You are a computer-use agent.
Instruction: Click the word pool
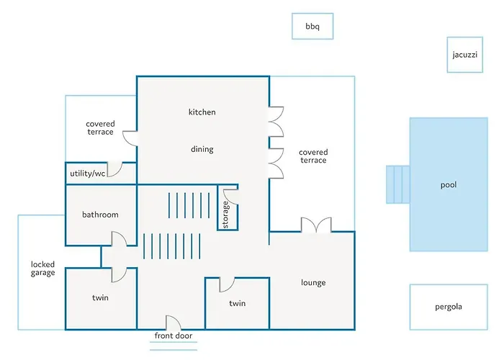pyautogui.click(x=449, y=185)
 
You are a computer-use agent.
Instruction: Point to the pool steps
pyautogui.click(x=398, y=184)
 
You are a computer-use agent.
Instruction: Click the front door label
pyautogui.click(x=174, y=336)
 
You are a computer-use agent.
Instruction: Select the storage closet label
pyautogui.click(x=225, y=215)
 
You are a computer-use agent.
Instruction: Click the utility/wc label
pyautogui.click(x=87, y=174)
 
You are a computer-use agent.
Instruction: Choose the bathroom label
pyautogui.click(x=100, y=215)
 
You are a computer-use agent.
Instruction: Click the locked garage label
pyautogui.click(x=42, y=269)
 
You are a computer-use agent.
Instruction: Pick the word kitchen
pyautogui.click(x=202, y=112)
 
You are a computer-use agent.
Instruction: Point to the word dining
pyautogui.click(x=202, y=149)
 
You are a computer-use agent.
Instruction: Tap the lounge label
pyautogui.click(x=313, y=282)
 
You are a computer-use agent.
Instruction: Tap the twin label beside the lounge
pyautogui.click(x=237, y=303)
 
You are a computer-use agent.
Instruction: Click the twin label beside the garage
pyautogui.click(x=100, y=297)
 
